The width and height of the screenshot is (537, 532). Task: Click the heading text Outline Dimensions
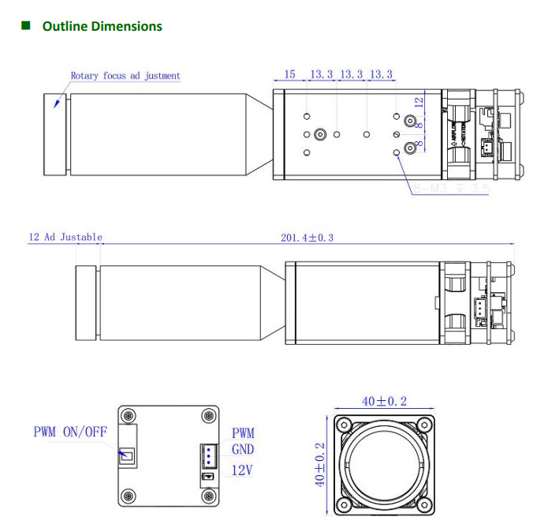pyautogui.click(x=102, y=26)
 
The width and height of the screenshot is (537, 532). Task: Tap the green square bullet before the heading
pyautogui.click(x=26, y=25)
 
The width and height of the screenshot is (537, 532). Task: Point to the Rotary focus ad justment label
pyautogui.click(x=125, y=76)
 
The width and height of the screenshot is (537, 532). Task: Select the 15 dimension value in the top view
pyautogui.click(x=289, y=74)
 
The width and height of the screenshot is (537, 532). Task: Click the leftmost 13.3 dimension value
pyautogui.click(x=321, y=74)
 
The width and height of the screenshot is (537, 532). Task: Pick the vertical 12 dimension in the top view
pyautogui.click(x=420, y=101)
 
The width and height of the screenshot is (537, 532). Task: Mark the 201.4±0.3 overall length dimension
pyautogui.click(x=307, y=237)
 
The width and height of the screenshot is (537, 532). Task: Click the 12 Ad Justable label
pyautogui.click(x=65, y=237)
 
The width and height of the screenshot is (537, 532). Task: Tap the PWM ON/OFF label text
pyautogui.click(x=69, y=432)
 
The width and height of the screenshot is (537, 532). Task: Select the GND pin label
pyautogui.click(x=243, y=451)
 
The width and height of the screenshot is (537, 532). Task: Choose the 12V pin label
pyautogui.click(x=243, y=470)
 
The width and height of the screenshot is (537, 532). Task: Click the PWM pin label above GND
pyautogui.click(x=243, y=433)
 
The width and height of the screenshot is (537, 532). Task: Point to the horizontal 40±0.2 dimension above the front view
pyautogui.click(x=384, y=401)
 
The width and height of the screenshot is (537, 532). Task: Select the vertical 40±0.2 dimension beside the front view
pyautogui.click(x=319, y=464)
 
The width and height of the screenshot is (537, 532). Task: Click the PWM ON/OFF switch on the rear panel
pyautogui.click(x=127, y=455)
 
